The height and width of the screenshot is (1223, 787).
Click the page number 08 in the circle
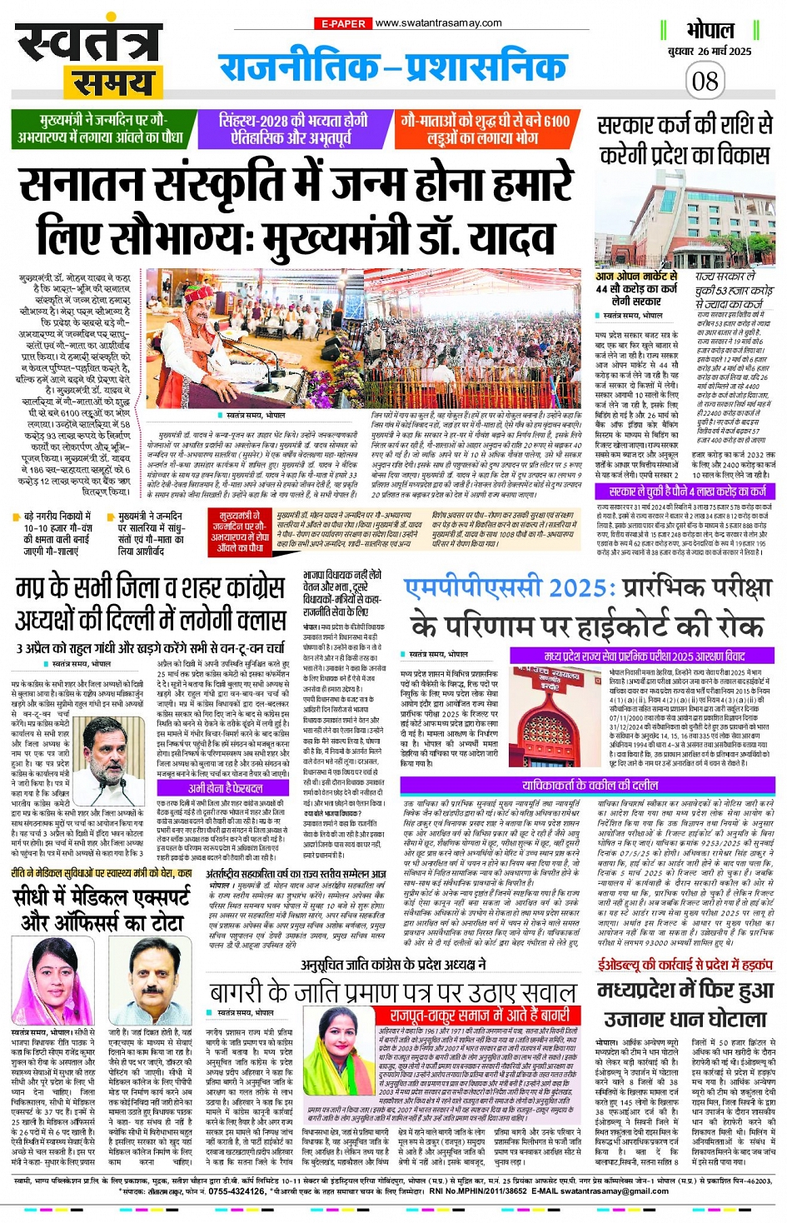coord(705,81)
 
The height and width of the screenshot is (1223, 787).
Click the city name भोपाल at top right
coord(710,31)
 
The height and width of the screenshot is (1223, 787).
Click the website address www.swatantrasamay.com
coord(438,23)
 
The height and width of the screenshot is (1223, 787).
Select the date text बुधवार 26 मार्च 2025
coord(709,52)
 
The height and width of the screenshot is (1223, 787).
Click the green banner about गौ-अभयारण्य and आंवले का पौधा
coord(101,128)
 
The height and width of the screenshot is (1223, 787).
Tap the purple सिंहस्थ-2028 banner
coord(293,128)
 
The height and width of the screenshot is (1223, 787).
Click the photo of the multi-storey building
coord(685,218)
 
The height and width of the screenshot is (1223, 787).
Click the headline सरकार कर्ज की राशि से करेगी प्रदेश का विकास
coord(684,139)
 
